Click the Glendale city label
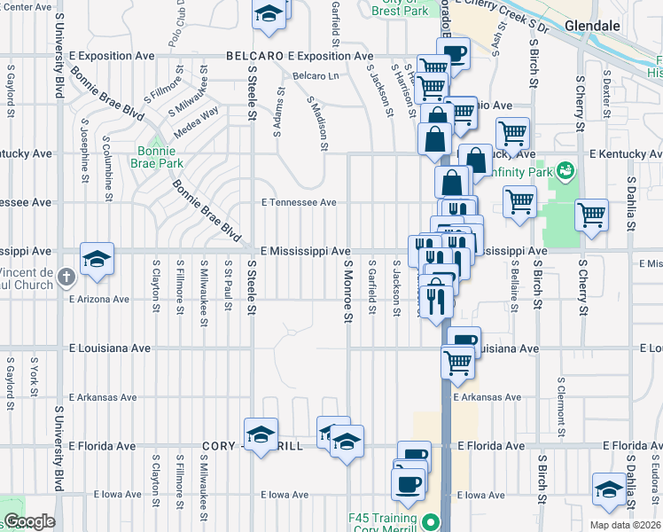click(591, 26)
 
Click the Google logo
click(28, 521)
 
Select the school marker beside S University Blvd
click(97, 259)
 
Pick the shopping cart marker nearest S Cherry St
click(591, 215)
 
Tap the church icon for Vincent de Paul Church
click(66, 278)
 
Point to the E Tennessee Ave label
click(299, 202)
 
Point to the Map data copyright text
click(626, 525)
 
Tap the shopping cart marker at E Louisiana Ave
click(457, 361)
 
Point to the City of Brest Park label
click(400, 7)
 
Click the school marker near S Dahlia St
click(609, 489)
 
